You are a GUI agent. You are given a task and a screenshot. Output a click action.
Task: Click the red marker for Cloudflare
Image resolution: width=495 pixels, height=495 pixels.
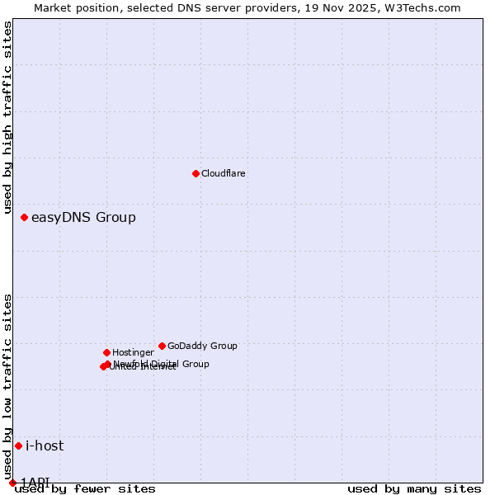[x=196, y=173]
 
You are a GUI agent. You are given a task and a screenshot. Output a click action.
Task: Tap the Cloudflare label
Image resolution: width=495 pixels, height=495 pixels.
[x=223, y=174]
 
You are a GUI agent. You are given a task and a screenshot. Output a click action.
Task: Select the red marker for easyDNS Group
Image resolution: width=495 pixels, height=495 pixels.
[x=25, y=218]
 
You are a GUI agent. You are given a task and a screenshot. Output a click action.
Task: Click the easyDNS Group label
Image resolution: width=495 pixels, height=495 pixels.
[x=83, y=218]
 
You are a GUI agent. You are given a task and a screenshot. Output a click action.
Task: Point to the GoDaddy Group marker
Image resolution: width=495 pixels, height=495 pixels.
[x=162, y=346]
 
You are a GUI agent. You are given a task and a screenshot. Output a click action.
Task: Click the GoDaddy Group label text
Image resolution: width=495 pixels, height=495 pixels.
[x=202, y=346]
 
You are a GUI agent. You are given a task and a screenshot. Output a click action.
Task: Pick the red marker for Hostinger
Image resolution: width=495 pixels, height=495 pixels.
[x=106, y=352]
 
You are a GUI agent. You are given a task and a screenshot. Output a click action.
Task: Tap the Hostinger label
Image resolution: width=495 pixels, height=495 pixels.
[x=133, y=353]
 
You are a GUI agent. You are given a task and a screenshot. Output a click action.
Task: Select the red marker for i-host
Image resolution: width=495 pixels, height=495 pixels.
[x=18, y=446]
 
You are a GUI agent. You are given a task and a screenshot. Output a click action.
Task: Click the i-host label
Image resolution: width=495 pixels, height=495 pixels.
[x=45, y=446]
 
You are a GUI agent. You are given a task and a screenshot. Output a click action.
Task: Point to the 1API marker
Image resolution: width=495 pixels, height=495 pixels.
[x=12, y=483]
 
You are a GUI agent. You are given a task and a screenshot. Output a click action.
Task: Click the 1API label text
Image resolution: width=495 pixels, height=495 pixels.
[x=35, y=482]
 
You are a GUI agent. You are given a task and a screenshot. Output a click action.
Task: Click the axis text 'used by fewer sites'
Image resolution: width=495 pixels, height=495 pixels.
[x=85, y=489]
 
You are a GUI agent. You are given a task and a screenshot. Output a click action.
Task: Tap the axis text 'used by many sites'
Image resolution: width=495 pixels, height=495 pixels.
[x=414, y=489]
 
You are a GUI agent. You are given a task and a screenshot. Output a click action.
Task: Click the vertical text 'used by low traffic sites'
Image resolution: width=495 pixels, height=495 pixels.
[x=7, y=386]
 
